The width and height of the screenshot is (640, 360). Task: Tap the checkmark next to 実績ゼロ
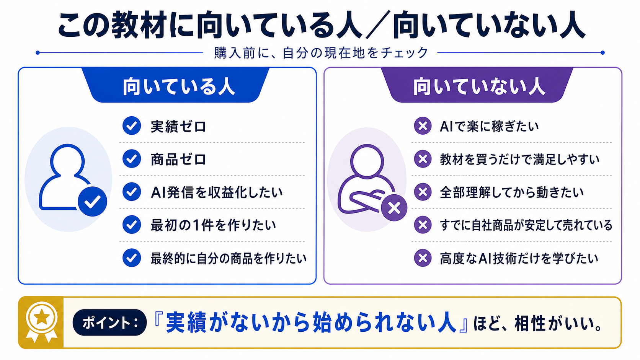(x=132, y=126)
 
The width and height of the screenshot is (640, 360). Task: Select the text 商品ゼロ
(x=178, y=159)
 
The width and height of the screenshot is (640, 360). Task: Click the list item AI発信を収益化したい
(x=217, y=192)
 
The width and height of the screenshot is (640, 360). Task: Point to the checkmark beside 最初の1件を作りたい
(x=132, y=225)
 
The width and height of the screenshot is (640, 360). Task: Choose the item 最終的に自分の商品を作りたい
(x=229, y=258)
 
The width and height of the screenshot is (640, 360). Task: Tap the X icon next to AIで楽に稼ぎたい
(x=423, y=126)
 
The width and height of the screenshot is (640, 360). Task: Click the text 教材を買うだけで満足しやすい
(x=519, y=159)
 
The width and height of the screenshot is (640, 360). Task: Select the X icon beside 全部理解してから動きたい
(x=423, y=192)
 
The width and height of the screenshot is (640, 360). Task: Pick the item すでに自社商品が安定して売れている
(x=526, y=225)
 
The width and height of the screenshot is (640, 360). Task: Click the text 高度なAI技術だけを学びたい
(x=519, y=258)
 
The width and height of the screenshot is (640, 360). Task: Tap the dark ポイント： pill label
(x=110, y=322)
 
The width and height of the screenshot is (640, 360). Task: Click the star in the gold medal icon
(x=42, y=317)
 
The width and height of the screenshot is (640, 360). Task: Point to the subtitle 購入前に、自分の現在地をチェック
(x=321, y=53)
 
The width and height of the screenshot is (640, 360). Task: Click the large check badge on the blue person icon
(x=92, y=201)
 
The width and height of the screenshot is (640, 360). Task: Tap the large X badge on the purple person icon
(x=394, y=208)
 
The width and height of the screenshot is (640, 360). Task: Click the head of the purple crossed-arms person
(x=367, y=161)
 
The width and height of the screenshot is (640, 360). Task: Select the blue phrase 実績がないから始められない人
(x=310, y=323)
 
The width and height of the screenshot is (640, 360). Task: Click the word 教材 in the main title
(x=139, y=26)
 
